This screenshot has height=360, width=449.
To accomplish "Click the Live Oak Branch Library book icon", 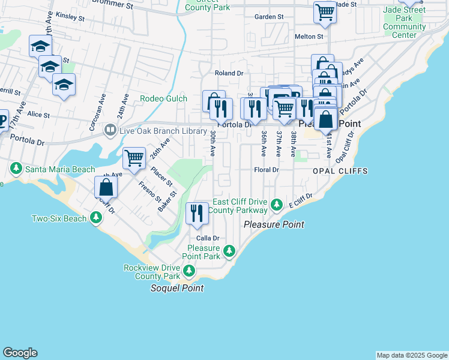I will (x=110, y=130).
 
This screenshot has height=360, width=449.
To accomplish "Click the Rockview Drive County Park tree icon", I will (x=189, y=272).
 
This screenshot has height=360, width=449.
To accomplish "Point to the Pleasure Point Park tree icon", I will (x=229, y=251).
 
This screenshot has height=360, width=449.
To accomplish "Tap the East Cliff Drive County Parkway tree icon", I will (x=276, y=206).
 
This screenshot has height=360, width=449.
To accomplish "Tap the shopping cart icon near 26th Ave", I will (x=134, y=158).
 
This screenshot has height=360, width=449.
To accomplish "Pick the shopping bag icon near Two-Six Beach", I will (x=106, y=187).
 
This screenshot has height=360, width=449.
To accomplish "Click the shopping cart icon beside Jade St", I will (x=325, y=12).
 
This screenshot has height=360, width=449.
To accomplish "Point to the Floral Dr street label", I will (x=267, y=170).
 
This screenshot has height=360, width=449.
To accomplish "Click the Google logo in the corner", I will (x=20, y=353).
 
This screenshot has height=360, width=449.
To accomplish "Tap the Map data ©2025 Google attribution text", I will (x=411, y=355).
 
